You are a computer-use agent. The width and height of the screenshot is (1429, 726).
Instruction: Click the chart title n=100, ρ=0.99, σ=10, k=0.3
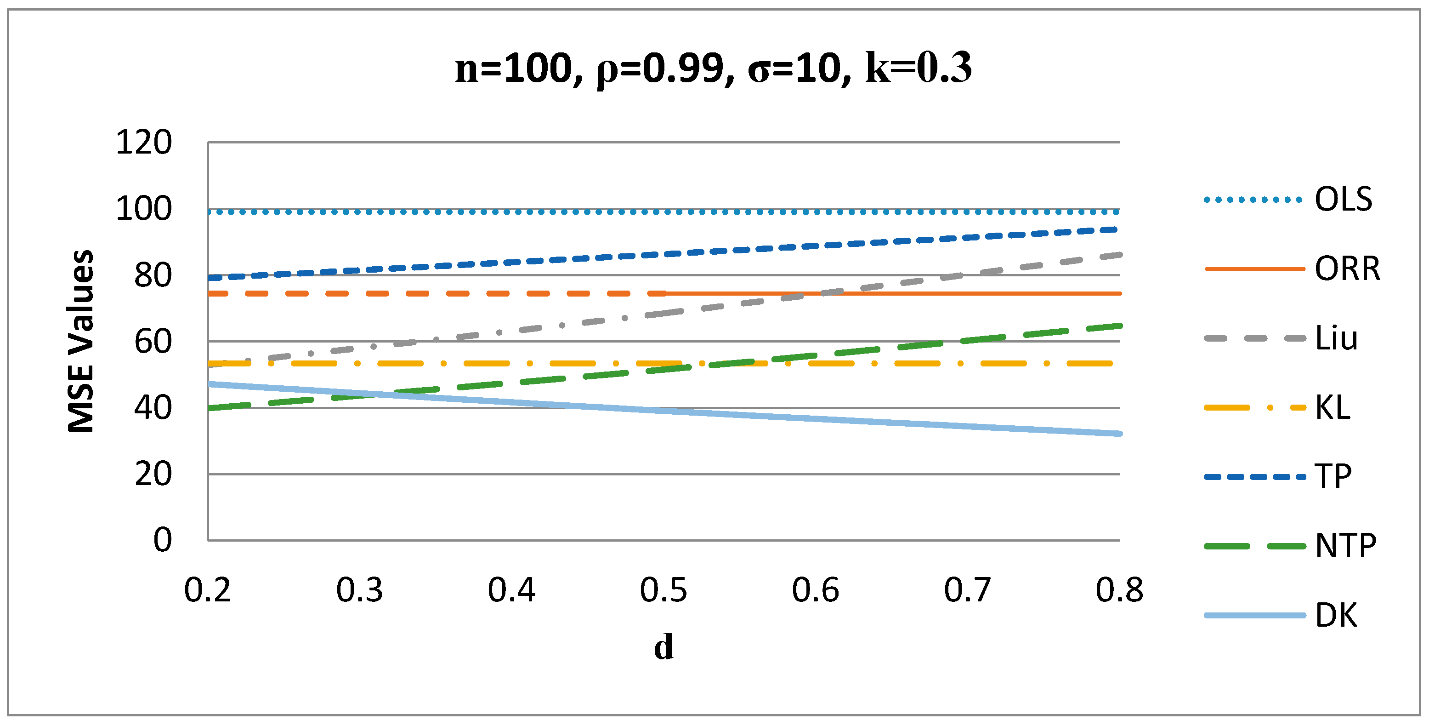tap(714, 69)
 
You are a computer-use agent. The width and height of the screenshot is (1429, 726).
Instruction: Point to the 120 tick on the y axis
tap(144, 143)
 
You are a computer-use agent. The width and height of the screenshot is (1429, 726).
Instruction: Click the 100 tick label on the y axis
tap(144, 209)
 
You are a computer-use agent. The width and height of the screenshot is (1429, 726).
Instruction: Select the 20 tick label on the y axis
tap(153, 474)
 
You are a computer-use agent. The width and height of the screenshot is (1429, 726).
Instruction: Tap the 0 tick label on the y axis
tap(163, 540)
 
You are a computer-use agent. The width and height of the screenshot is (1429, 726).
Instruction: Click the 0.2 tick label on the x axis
tap(208, 590)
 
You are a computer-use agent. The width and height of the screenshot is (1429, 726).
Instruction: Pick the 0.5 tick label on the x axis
tap(663, 590)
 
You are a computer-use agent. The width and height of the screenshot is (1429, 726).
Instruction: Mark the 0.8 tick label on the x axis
tap(1119, 590)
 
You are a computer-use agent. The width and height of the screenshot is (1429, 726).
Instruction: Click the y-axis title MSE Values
tap(81, 341)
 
